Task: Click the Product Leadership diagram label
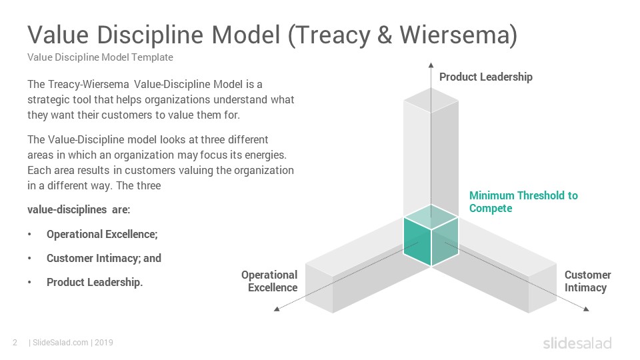(x=486, y=77)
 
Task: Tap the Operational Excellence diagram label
(x=269, y=281)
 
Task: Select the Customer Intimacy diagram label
(x=587, y=281)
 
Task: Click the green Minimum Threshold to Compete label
(x=523, y=201)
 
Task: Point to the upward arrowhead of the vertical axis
(x=431, y=65)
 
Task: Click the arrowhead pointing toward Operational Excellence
(x=277, y=309)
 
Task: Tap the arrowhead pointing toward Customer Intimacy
(x=586, y=309)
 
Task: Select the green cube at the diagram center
(x=431, y=235)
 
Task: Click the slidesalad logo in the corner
(x=577, y=343)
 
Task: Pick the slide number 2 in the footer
(x=15, y=343)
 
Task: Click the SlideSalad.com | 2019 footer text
(x=71, y=343)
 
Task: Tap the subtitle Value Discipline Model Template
(x=101, y=57)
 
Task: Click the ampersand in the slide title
(x=384, y=35)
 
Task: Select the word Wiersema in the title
(x=453, y=35)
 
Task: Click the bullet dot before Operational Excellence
(x=29, y=234)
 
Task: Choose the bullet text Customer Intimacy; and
(x=104, y=259)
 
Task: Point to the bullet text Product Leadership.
(x=95, y=283)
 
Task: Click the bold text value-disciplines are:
(x=79, y=210)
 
